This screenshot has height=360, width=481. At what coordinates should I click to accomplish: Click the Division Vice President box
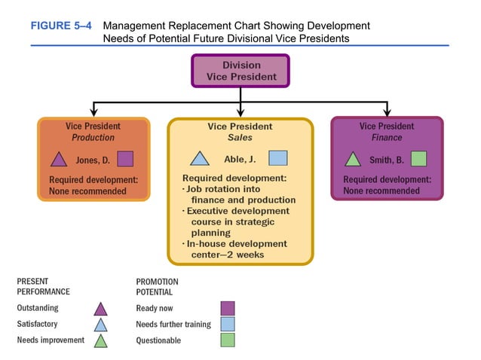coord(240,71)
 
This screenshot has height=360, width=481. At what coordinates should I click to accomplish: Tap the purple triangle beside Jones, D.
coord(58,160)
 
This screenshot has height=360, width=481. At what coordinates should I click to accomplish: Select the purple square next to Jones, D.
coord(125,159)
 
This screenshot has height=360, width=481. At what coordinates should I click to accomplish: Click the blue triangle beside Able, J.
coord(199,159)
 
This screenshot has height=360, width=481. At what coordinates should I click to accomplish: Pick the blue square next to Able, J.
coord(277,158)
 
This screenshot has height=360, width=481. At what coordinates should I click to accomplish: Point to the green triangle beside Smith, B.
coord(352,160)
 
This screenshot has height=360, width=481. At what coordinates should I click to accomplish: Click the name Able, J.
coord(240,159)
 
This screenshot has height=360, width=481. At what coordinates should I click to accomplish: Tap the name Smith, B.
coord(387,160)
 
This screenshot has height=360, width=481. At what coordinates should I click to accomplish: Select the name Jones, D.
coord(93,160)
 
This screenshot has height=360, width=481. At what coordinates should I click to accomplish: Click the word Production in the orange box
coord(93,138)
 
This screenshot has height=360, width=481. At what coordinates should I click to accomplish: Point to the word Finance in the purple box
coord(387,138)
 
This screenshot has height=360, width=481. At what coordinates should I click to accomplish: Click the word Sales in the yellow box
coord(240,139)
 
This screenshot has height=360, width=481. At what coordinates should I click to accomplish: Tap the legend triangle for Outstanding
coord(100,309)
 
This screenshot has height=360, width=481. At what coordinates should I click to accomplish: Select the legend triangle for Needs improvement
coord(100,341)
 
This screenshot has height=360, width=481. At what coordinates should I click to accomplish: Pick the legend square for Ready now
coord(227,308)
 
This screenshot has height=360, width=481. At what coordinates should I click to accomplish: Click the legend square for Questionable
coord(227,340)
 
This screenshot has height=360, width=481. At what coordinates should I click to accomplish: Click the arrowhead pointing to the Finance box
coord(387,112)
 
